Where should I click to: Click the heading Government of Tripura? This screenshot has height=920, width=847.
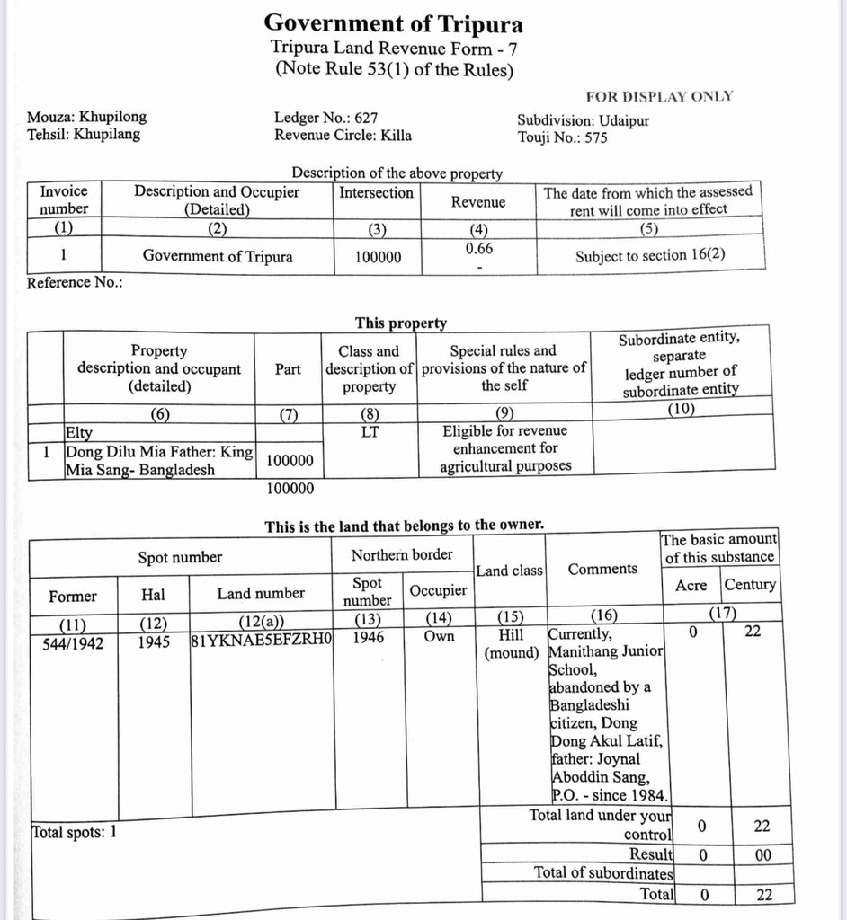(x=394, y=22)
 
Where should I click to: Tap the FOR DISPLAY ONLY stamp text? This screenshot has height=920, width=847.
(x=659, y=96)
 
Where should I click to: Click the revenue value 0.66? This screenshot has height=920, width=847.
(x=478, y=247)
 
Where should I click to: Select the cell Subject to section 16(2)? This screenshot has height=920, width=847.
(x=650, y=255)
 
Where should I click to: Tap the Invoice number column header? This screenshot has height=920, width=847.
(x=64, y=199)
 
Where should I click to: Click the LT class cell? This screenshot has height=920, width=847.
(x=369, y=431)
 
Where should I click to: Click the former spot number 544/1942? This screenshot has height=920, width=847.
(x=73, y=643)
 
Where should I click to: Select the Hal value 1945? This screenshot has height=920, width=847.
(x=154, y=643)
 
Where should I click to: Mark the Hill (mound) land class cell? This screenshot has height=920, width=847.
(x=511, y=643)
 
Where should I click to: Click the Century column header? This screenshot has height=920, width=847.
(x=750, y=585)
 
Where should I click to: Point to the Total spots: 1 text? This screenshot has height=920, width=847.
(x=75, y=832)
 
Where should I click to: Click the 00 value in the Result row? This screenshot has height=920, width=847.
(x=762, y=855)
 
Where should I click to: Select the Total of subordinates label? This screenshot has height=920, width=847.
(x=603, y=872)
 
